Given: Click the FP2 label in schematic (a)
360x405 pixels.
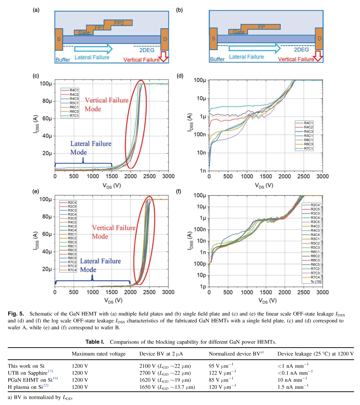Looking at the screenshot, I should pyautogui.click(x=119, y=23).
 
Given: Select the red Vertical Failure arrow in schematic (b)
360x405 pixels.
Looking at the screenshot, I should pyautogui.click(x=318, y=56).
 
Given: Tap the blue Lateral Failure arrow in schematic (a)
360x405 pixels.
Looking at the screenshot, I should pyautogui.click(x=93, y=49).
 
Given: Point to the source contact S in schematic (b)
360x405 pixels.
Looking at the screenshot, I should pyautogui.click(x=213, y=39).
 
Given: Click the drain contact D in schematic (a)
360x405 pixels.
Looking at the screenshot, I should pyautogui.click(x=165, y=39).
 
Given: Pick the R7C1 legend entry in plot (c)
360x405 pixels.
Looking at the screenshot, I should pyautogui.click(x=74, y=116).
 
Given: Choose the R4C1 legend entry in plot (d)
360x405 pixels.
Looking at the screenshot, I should pyautogui.click(x=308, y=123).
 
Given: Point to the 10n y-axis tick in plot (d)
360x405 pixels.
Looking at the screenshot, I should pyautogui.click(x=201, y=153).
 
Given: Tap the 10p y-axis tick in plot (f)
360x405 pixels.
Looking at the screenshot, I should pyautogui.click(x=201, y=275).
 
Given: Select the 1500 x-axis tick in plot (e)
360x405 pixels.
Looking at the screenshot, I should pyautogui.click(x=112, y=292).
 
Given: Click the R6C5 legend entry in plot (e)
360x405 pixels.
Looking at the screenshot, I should pyautogui.click(x=72, y=258).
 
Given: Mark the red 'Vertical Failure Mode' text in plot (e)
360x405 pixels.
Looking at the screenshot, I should pyautogui.click(x=113, y=232).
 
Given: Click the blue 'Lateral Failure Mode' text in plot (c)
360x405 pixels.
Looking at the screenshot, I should pyautogui.click(x=90, y=148).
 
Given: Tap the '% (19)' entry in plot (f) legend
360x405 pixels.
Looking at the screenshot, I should pyautogui.click(x=315, y=281).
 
